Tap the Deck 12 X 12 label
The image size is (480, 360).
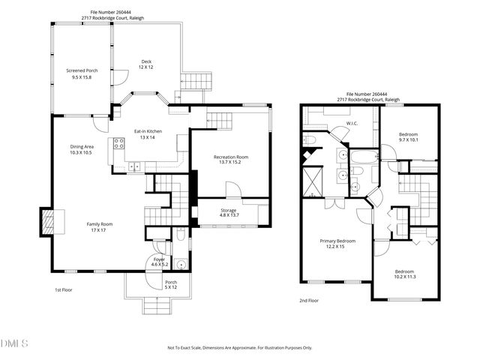coord(145,64)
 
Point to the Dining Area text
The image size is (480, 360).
coord(81,149)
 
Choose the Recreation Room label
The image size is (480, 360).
coord(231,160)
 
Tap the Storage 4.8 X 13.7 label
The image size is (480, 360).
coord(229,212)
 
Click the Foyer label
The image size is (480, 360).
coord(159,262)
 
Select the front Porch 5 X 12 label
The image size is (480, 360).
coord(171,285)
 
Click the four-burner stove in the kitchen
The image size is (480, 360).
coord(118,145)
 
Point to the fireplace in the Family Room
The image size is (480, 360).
coord(48,221)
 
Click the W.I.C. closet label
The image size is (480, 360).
coord(352,123)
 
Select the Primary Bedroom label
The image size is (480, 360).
coord(337,243)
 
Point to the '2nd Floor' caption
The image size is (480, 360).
coord(309,299)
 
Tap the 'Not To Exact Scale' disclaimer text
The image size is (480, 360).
coord(240,348)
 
